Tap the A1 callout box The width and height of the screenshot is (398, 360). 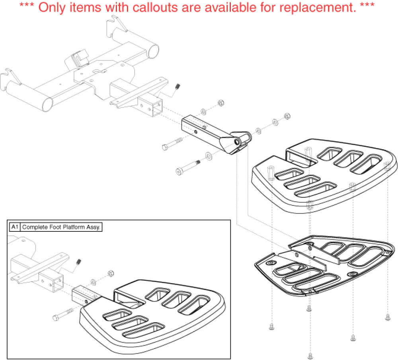(14, 227)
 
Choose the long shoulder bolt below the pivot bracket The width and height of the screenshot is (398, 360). (187, 168)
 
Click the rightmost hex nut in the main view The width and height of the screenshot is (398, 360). (286, 117)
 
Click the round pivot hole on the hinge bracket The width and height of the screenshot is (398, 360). (237, 141)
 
